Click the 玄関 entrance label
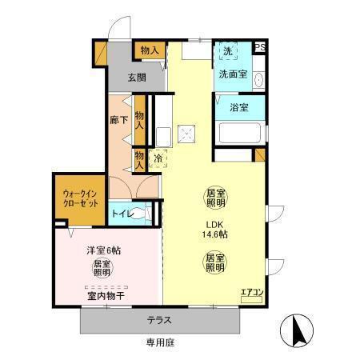click(x=137, y=78)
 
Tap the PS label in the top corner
click(x=260, y=47)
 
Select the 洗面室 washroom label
click(x=233, y=74)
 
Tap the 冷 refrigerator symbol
click(x=158, y=158)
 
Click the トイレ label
click(x=122, y=214)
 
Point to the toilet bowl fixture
click(x=142, y=214)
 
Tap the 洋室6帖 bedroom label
click(x=104, y=250)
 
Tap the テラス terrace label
click(x=159, y=321)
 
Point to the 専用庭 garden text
click(x=159, y=344)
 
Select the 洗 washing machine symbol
click(x=228, y=52)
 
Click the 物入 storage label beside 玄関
click(x=150, y=50)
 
